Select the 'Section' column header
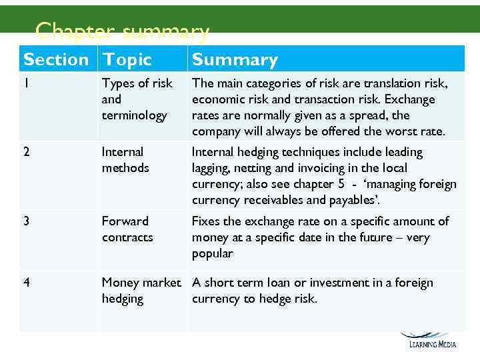(56, 59)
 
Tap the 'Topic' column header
(127, 59)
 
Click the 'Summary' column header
(235, 59)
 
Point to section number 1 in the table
(26, 83)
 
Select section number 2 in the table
(27, 152)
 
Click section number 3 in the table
(27, 221)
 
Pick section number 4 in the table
(27, 283)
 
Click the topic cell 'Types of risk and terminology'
(136, 99)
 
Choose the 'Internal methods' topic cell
(125, 160)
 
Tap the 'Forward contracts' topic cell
(127, 229)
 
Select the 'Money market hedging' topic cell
(141, 291)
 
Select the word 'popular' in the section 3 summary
(212, 253)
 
